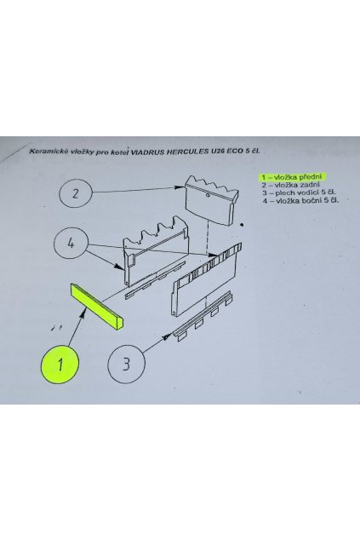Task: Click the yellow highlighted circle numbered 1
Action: [x=61, y=365]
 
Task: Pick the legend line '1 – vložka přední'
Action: [x=294, y=176]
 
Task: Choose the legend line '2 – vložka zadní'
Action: [x=291, y=185]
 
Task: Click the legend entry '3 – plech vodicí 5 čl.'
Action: [x=298, y=193]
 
